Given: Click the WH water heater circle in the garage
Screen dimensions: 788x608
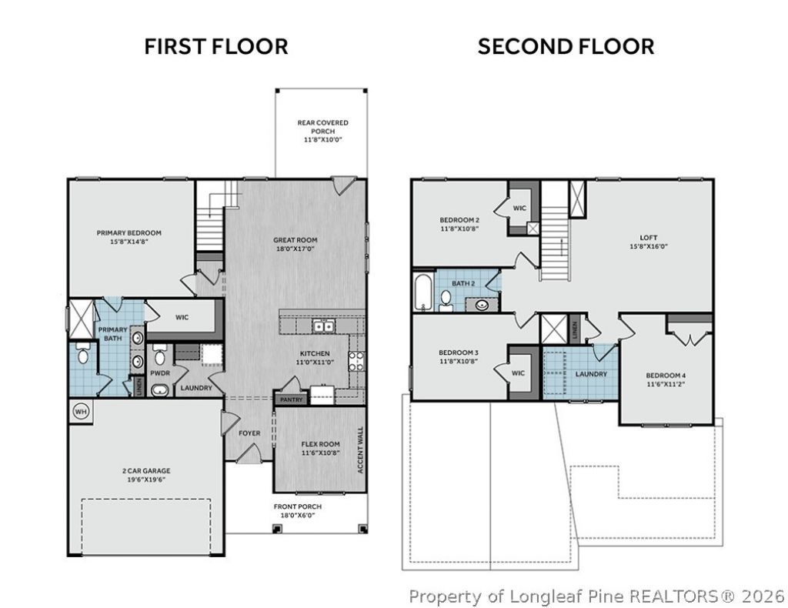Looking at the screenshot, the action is [x=81, y=412].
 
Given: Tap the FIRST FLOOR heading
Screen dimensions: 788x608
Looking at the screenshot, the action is [x=216, y=47].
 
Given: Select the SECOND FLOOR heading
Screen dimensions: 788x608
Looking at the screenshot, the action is [x=566, y=47].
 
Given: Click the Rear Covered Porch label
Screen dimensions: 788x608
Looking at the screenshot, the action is [x=322, y=127].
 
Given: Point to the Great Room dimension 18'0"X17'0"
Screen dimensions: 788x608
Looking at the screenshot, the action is [x=295, y=249].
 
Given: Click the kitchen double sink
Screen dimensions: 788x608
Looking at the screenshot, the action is [x=323, y=326].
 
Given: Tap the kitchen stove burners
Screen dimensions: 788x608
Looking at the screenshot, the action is [x=356, y=361].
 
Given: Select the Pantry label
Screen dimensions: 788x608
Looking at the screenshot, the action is [x=292, y=400].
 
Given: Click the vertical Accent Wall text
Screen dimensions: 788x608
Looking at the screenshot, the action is [x=360, y=450].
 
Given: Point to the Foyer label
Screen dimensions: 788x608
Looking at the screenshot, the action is [x=249, y=433].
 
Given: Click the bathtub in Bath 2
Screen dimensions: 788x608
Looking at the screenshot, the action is [x=422, y=292].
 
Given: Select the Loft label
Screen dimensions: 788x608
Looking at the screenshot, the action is [x=648, y=238].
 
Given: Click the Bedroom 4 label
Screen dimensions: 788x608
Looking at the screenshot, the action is [x=666, y=376].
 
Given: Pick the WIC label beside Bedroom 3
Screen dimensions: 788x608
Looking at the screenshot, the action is [x=518, y=372].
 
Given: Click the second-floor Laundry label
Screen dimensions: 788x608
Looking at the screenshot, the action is [x=591, y=374].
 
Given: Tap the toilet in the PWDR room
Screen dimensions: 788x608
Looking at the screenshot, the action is [x=159, y=356].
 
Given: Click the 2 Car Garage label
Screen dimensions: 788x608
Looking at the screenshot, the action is [x=146, y=471].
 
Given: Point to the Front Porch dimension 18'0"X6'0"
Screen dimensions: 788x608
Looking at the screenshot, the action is [x=298, y=515].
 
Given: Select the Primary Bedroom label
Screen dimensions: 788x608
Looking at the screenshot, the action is [x=129, y=232].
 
